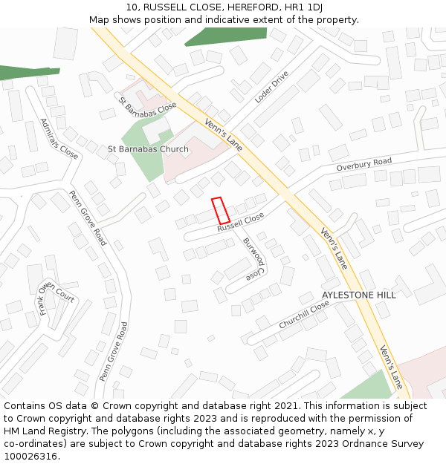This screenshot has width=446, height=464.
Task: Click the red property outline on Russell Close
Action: [220, 210]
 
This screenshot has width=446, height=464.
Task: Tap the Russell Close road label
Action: [241, 222]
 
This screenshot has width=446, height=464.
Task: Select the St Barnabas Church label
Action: [149, 149]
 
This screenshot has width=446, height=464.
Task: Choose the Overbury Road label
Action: [363, 165]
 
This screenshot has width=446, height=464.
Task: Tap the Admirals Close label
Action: [59, 138]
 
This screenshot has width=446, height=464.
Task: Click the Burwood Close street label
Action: [255, 258]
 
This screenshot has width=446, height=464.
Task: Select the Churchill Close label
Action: [304, 316]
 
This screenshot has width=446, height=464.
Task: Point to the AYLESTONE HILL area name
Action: [359, 295]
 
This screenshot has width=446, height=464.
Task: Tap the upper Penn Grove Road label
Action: [88, 218]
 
